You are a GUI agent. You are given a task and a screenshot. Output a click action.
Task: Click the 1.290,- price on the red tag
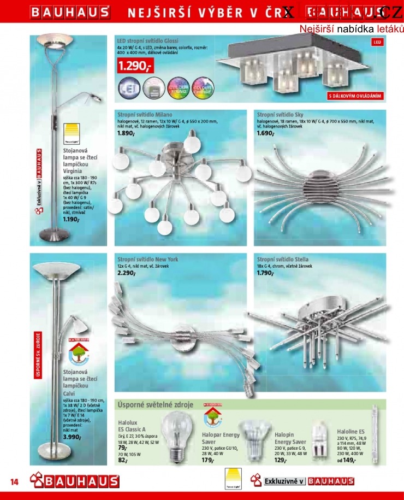coord(135,67)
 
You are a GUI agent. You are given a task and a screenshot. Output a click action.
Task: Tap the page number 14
coord(15,481)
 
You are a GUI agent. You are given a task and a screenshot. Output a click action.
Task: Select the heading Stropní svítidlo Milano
coord(145,115)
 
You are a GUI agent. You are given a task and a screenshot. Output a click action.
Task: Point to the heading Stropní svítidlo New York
coord(147,259)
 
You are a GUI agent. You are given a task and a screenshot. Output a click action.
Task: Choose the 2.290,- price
coord(126,273)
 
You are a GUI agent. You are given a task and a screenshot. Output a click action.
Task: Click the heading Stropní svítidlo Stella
coord(282,259)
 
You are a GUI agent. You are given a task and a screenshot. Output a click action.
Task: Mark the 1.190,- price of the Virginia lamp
coord(72,220)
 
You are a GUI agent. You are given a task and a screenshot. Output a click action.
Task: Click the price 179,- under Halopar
coord(207,461)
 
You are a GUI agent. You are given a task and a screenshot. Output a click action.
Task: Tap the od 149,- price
coord(347,461)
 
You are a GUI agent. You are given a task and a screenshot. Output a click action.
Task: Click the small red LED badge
coord(377,42)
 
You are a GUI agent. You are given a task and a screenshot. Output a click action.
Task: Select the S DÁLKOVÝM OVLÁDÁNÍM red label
coord(355,96)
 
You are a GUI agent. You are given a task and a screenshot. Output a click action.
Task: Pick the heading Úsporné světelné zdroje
coord(155,405)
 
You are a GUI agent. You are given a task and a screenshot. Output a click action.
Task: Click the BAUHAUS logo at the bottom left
coord(75,481)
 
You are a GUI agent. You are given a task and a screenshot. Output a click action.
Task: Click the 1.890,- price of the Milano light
coord(126,133)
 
